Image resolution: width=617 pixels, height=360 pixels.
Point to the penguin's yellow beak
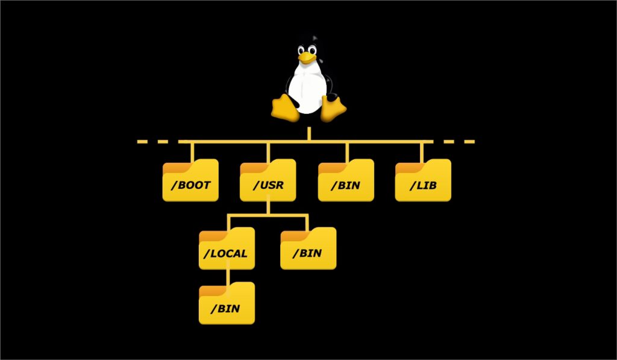pos(307,57)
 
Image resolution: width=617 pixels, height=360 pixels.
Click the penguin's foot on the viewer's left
pos(284,107)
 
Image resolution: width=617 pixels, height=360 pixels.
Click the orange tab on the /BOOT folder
pos(175,165)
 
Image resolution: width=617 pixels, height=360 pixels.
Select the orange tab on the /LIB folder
pos(408,165)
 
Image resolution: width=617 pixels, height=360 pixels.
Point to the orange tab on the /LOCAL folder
pos(211,233)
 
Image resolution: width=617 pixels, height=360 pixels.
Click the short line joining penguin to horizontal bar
pos(308,134)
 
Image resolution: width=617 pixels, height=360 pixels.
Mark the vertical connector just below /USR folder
pos(268,207)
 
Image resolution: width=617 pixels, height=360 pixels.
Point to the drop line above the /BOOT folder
pos(192,151)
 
